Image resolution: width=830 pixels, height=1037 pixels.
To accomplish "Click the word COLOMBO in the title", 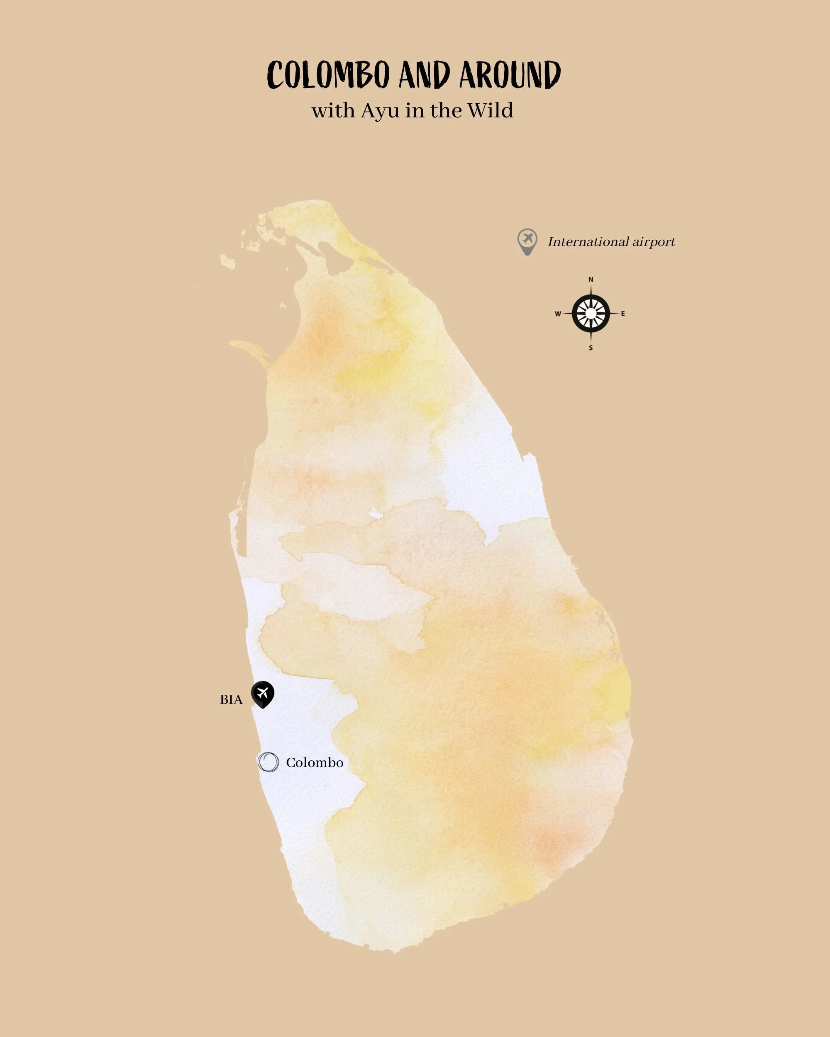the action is (328, 75).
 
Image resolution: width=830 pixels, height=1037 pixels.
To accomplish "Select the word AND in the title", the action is (424, 75).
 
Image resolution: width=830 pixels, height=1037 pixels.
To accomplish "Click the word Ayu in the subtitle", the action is (380, 111).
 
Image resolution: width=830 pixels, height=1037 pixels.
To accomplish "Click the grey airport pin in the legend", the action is (527, 241).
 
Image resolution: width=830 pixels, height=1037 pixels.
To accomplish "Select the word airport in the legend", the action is (653, 242).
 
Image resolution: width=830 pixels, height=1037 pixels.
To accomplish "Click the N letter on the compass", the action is (591, 280).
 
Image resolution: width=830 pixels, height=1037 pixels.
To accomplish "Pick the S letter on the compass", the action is (591, 348).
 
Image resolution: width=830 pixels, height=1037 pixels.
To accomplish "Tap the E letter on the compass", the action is (622, 314).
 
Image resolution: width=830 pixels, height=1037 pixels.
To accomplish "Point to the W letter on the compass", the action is (558, 314).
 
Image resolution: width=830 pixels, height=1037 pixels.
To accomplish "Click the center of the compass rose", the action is (591, 314).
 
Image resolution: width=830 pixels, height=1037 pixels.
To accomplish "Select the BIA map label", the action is (231, 700).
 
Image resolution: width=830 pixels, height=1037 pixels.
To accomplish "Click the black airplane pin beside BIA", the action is (263, 694).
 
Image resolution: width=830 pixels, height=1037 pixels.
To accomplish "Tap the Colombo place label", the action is (315, 763).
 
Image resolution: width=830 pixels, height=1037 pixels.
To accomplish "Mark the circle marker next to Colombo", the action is (268, 762).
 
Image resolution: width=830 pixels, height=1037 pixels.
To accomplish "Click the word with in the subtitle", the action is (332, 111).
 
